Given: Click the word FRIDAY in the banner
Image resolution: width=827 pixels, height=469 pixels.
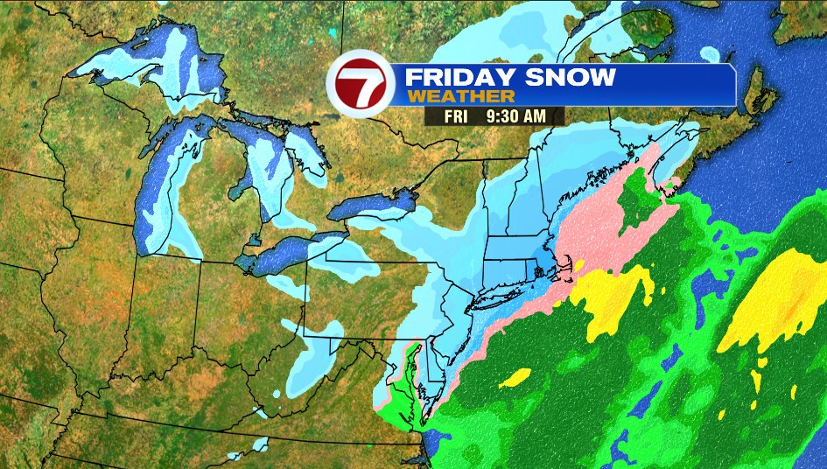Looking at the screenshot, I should (x=452, y=77).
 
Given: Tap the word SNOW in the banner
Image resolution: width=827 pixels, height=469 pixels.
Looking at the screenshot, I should (x=571, y=77).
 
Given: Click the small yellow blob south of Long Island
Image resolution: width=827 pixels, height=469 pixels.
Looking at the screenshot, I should (x=516, y=377).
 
